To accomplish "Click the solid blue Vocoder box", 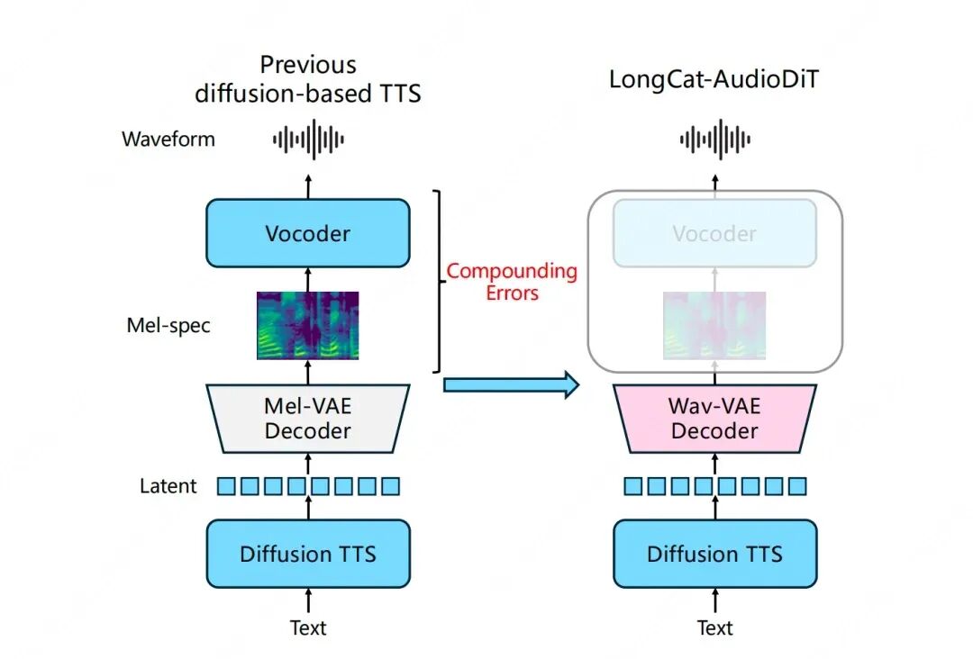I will point(308,233).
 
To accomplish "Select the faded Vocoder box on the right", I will point(714,233).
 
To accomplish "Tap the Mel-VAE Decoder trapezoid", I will point(308,419).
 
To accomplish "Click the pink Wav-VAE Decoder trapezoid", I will point(714,419).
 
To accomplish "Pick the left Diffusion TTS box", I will point(308,553).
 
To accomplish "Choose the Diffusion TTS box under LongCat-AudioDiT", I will point(714,553).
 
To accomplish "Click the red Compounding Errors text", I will point(512,282).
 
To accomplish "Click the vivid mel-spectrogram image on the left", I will point(308,326).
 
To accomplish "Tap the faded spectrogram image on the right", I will point(714,326).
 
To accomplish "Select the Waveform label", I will point(168,140).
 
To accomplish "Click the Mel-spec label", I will point(168,325).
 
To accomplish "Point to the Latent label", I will point(168,486).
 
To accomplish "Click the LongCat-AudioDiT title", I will point(714,79).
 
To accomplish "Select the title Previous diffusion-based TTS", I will point(308,79).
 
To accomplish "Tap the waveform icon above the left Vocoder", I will point(308,140).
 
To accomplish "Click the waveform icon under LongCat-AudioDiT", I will point(714,140).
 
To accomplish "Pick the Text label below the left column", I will point(308,627).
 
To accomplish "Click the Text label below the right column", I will point(714,627).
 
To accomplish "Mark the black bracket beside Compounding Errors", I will point(439,281).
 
